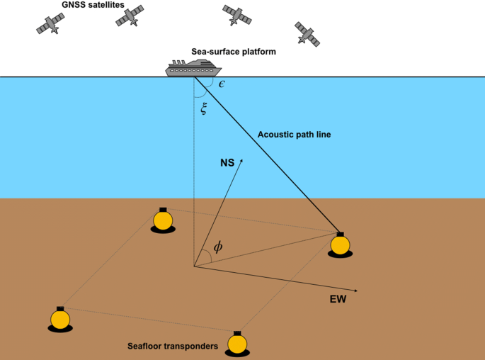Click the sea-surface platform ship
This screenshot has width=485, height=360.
click(x=193, y=69)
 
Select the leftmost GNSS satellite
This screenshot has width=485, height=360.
click(x=50, y=23)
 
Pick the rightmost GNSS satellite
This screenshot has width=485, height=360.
click(x=308, y=33)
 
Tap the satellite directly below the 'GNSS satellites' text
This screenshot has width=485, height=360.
click(x=130, y=16)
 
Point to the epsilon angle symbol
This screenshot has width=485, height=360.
click(x=222, y=84)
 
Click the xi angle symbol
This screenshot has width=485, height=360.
click(x=205, y=108)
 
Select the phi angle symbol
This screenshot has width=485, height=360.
click(x=218, y=247)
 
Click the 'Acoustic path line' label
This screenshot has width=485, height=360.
click(x=294, y=134)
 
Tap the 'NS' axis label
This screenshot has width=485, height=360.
click(x=227, y=162)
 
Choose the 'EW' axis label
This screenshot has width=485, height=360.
click(x=338, y=300)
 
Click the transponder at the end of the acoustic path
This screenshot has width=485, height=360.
click(x=340, y=244)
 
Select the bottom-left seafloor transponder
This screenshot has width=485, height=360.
click(x=60, y=320)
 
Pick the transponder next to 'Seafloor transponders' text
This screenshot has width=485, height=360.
click(x=237, y=344)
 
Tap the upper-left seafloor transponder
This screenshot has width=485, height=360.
click(x=164, y=220)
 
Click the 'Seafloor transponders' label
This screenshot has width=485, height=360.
click(x=172, y=346)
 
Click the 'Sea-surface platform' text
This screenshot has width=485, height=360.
click(x=234, y=52)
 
